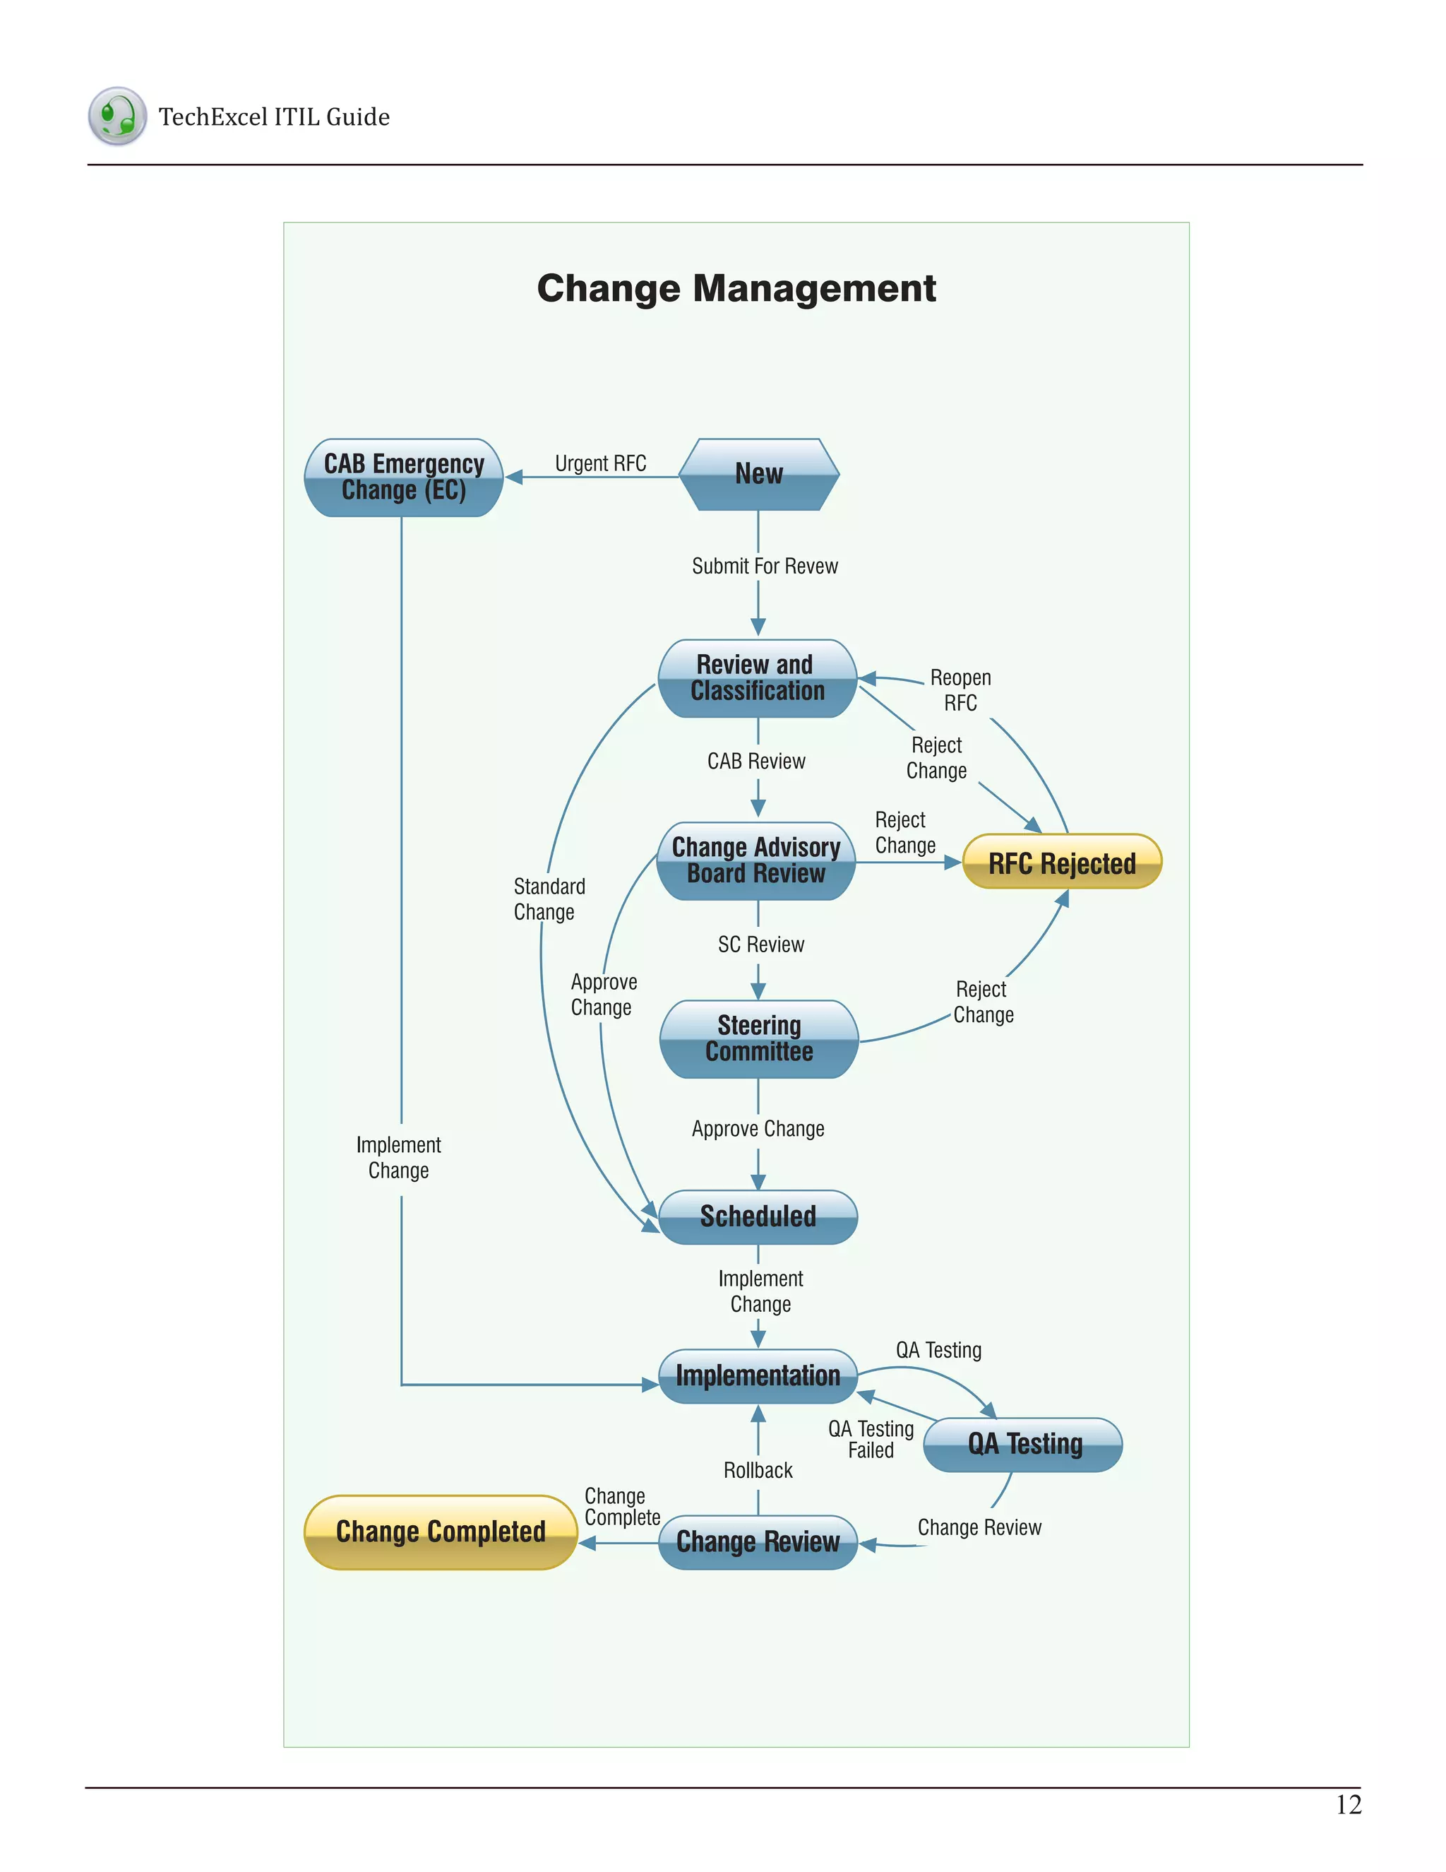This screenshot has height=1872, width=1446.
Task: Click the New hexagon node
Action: [x=758, y=474]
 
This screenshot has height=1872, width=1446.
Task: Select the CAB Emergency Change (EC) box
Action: [x=403, y=478]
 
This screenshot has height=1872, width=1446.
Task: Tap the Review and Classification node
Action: [x=758, y=678]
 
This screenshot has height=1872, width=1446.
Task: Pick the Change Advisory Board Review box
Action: [x=756, y=860]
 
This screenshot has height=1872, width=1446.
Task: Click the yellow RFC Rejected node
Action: [x=1062, y=863]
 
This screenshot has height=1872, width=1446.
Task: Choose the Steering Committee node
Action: [x=759, y=1039]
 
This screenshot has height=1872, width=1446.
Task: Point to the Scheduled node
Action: [x=758, y=1216]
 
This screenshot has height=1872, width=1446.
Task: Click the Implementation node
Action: [x=758, y=1375]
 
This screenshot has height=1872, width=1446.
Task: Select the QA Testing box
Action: [x=1024, y=1445]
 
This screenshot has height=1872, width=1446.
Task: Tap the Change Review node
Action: [x=758, y=1542]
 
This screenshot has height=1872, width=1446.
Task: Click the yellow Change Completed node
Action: [x=441, y=1532]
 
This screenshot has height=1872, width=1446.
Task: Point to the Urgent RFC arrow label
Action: [x=601, y=463]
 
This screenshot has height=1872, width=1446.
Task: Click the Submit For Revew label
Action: [x=765, y=567]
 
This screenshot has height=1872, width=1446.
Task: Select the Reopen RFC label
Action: [x=960, y=690]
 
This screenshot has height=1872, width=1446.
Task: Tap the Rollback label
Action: [x=758, y=1471]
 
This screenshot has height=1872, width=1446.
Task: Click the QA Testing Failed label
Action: [x=871, y=1440]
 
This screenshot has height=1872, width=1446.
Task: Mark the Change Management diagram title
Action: [x=736, y=289]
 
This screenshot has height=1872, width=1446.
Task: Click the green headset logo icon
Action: [x=117, y=116]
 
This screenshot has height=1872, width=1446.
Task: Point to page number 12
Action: [x=1349, y=1805]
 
